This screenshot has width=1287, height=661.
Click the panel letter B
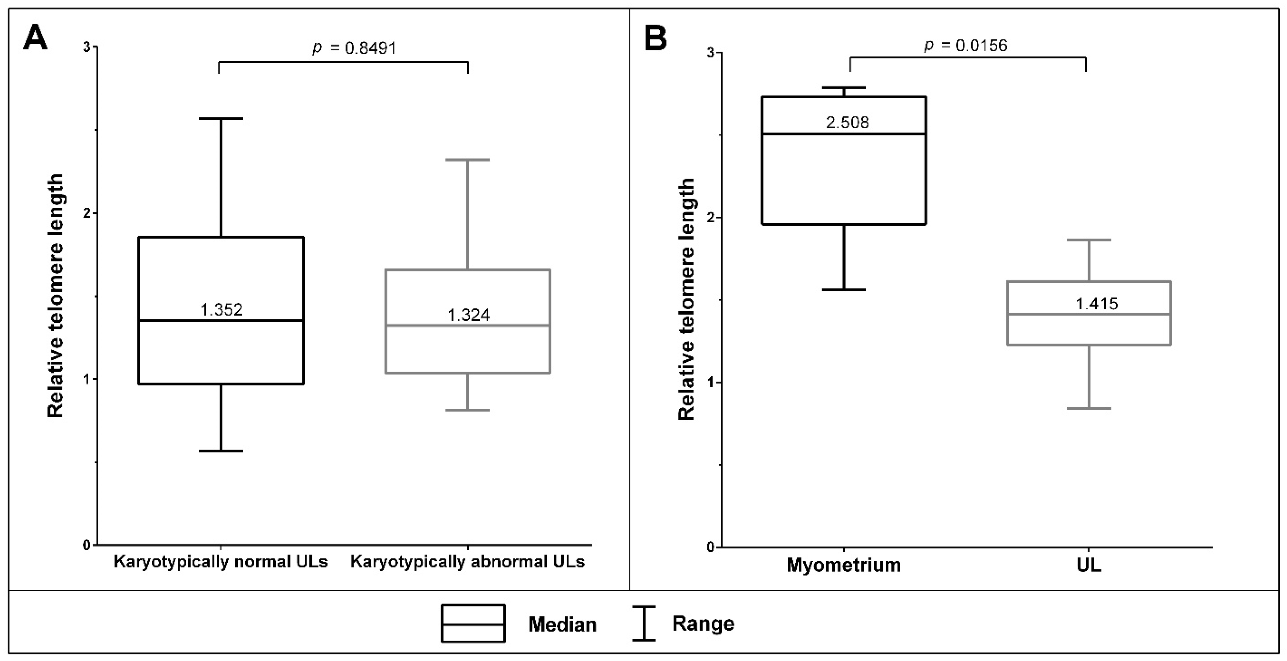(x=656, y=39)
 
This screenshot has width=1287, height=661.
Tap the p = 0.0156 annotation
(x=965, y=45)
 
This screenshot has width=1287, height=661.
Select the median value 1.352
(x=221, y=310)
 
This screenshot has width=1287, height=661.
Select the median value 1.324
(x=468, y=315)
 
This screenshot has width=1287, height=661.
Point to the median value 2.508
(x=847, y=122)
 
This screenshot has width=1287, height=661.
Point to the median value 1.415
(x=1097, y=304)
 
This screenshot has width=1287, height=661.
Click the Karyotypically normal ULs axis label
(x=220, y=562)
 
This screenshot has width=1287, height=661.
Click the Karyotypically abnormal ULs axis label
(x=467, y=562)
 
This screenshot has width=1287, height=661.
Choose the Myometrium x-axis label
(x=844, y=565)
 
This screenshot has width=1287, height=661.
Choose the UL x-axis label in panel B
(x=1088, y=565)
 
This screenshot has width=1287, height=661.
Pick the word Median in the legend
(x=562, y=624)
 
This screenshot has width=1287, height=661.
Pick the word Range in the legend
(x=703, y=624)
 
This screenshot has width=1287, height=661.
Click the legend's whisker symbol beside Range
(x=643, y=624)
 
